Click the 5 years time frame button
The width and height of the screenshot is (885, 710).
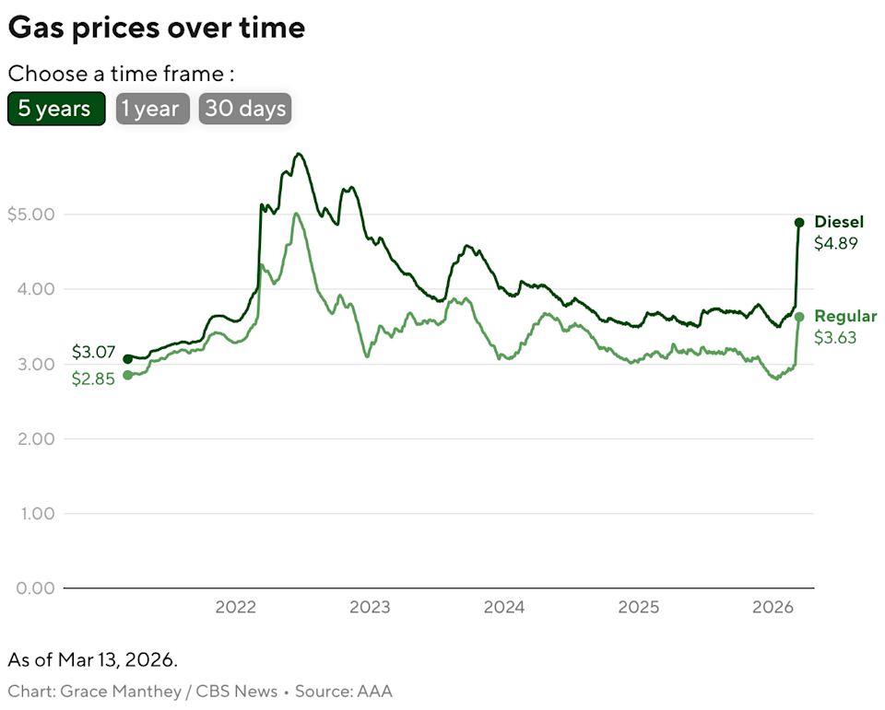(55, 109)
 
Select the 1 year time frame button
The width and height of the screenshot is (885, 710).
(152, 109)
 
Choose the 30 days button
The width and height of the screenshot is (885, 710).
(244, 109)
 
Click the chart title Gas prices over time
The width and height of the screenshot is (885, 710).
(156, 28)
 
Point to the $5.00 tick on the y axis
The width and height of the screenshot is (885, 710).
(30, 215)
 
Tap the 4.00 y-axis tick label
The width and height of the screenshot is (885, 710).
(36, 289)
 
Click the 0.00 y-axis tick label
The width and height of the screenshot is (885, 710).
(36, 588)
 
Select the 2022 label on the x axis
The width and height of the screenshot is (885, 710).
(235, 608)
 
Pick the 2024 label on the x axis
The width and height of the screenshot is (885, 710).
(504, 608)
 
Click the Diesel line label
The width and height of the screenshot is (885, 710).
(839, 222)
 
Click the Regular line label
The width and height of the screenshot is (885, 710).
(845, 317)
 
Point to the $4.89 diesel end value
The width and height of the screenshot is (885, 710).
(835, 244)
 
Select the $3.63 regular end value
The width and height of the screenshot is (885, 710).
(835, 338)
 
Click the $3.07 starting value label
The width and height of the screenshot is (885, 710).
(93, 352)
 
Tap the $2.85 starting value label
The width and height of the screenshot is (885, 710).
(93, 378)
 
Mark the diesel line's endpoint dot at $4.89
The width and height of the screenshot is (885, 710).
(799, 223)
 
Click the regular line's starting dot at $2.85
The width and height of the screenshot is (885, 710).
(127, 375)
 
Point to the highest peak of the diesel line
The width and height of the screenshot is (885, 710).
(298, 154)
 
